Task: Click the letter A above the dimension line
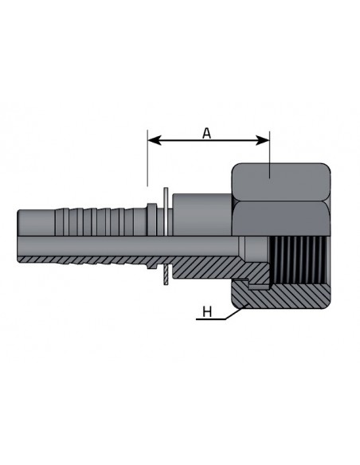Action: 207,134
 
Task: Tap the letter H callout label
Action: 207,312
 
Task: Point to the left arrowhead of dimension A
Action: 155,140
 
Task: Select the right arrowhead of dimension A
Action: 263,140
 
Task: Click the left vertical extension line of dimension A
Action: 147,158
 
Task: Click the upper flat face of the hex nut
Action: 281,182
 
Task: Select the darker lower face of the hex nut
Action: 281,219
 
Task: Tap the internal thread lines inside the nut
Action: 299,260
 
